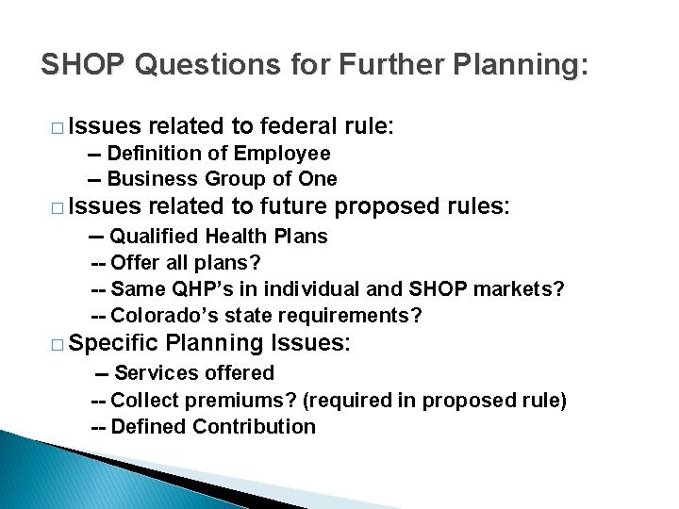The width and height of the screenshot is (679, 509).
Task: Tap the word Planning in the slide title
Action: [510, 65]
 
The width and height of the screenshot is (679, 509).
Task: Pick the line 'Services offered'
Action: [194, 373]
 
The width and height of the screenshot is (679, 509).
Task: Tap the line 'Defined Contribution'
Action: [213, 426]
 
